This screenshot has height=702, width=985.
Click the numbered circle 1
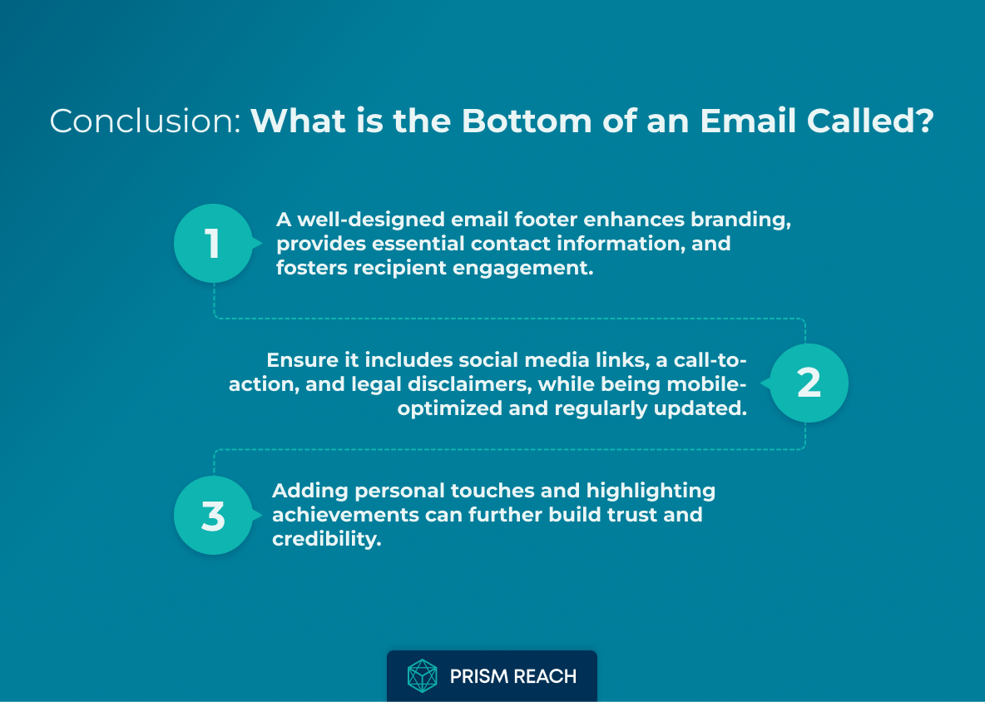click(213, 244)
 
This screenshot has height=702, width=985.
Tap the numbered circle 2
click(809, 383)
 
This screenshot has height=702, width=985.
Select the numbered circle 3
click(213, 516)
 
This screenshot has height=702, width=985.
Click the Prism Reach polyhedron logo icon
click(422, 676)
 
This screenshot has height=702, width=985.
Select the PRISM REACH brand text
click(512, 676)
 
